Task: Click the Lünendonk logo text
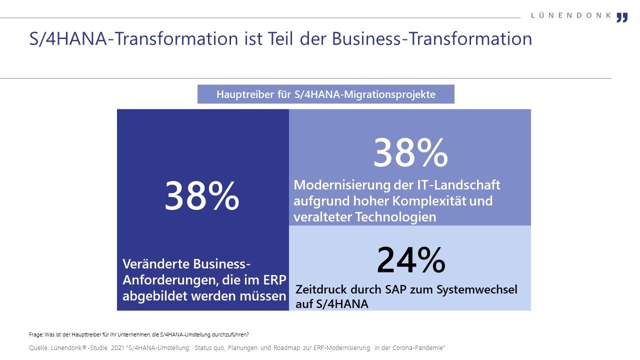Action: pyautogui.click(x=571, y=15)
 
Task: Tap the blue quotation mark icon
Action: pyautogui.click(x=621, y=17)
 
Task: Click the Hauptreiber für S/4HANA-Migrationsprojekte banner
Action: pyautogui.click(x=325, y=94)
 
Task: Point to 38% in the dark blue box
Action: pyautogui.click(x=202, y=196)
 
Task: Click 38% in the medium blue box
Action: pyautogui.click(x=410, y=153)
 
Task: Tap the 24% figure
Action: pyautogui.click(x=410, y=260)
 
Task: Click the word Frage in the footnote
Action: pyautogui.click(x=36, y=334)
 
